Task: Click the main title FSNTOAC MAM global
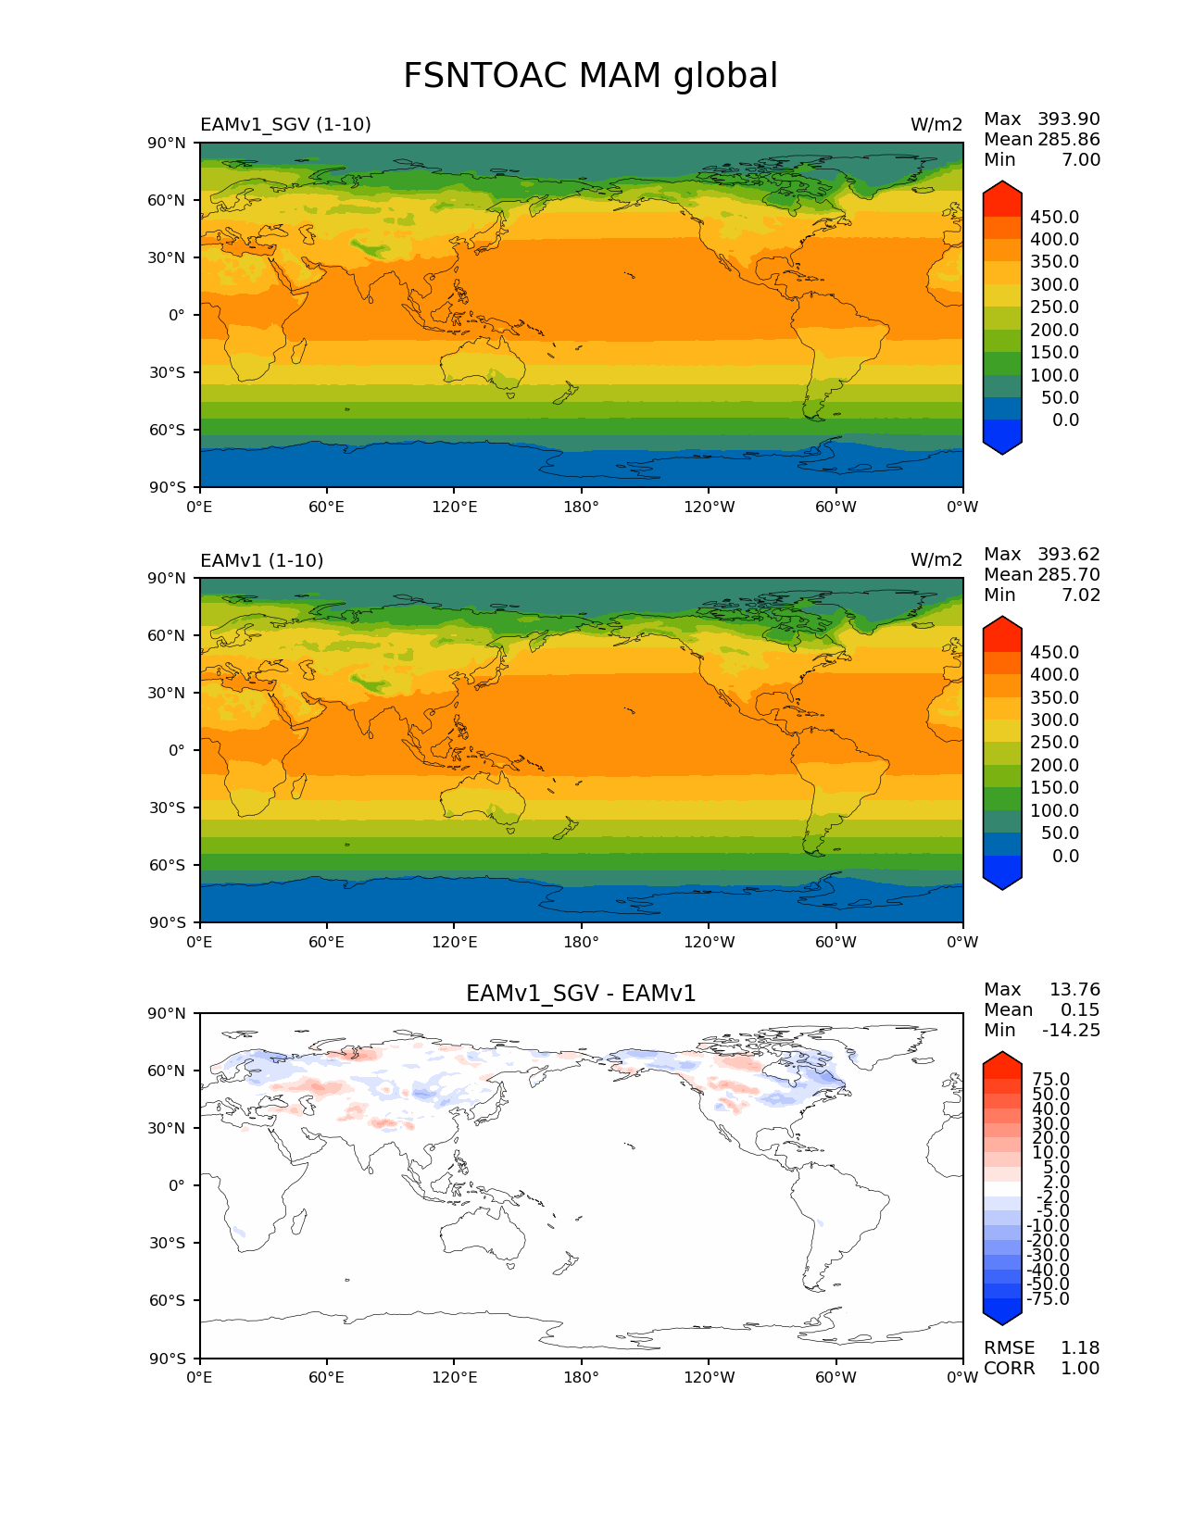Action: coord(590,76)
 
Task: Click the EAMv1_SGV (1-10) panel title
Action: coord(285,124)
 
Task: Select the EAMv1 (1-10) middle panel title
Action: coord(261,560)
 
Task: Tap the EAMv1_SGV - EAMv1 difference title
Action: coord(581,994)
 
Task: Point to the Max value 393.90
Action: coord(1068,119)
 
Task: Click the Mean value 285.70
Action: coord(1068,574)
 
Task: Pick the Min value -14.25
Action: coord(1071,1030)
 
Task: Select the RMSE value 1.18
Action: coord(1079,1347)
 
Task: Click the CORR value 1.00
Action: coord(1079,1368)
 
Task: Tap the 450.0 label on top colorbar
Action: coord(1054,217)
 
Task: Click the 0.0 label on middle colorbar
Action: coord(1065,856)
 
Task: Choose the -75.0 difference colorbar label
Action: coord(1048,1298)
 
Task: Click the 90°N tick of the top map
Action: coord(168,143)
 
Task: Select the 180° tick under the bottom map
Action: coord(581,1377)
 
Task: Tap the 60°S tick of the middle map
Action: coord(168,865)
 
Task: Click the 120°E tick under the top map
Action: coord(454,507)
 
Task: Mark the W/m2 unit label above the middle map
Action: coord(936,560)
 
